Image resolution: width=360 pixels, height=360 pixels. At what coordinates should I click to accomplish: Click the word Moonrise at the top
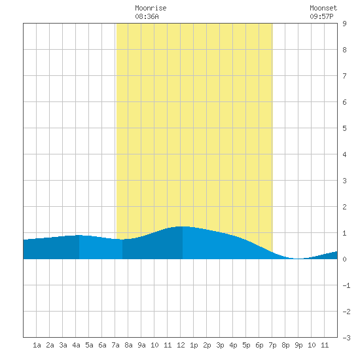tap(151, 8)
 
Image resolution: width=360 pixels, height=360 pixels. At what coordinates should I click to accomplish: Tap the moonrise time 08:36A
tap(147, 16)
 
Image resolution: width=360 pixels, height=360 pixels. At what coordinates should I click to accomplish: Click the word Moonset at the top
tap(323, 8)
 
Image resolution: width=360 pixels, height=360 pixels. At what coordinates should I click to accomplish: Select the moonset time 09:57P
tap(321, 16)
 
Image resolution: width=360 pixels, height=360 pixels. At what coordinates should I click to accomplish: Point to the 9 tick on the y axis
tap(344, 24)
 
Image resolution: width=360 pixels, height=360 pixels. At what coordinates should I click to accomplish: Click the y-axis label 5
tap(344, 128)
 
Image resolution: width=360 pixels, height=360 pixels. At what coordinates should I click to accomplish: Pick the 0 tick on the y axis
tap(344, 259)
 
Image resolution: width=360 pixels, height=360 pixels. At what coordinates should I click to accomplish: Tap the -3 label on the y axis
tap(346, 338)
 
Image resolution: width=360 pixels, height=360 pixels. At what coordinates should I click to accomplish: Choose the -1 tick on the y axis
tap(346, 285)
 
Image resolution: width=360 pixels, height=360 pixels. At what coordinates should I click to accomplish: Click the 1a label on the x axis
tap(37, 345)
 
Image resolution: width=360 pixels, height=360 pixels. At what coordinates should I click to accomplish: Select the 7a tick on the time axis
tap(115, 345)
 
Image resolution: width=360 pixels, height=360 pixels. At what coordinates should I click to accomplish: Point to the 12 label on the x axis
tap(181, 345)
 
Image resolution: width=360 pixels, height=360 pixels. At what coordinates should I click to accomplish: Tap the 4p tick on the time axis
tap(233, 345)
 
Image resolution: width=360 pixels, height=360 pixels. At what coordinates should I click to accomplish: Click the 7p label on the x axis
tap(272, 345)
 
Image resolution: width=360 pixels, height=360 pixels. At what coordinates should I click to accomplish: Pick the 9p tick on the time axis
tap(298, 345)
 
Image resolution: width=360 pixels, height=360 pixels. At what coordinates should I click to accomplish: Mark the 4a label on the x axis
tap(76, 345)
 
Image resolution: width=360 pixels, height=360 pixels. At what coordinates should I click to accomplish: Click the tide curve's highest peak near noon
tap(183, 226)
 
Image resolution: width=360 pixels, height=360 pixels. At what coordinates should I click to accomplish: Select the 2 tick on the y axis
tap(344, 207)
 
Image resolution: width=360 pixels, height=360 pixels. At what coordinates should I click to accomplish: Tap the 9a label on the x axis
tap(141, 345)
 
